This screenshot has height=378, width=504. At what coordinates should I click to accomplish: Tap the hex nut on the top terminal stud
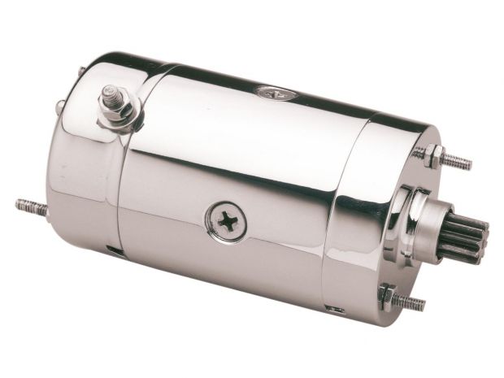(x=114, y=107)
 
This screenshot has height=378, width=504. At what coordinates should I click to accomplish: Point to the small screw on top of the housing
(x=265, y=92)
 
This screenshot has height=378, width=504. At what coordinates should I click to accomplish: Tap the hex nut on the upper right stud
(x=433, y=154)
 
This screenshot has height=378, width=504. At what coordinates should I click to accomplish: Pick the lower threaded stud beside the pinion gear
(x=409, y=302)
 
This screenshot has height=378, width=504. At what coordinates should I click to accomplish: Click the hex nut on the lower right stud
(x=387, y=294)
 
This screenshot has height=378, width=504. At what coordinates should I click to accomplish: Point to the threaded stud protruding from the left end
(x=30, y=207)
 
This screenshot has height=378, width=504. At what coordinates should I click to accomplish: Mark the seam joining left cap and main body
(x=122, y=187)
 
